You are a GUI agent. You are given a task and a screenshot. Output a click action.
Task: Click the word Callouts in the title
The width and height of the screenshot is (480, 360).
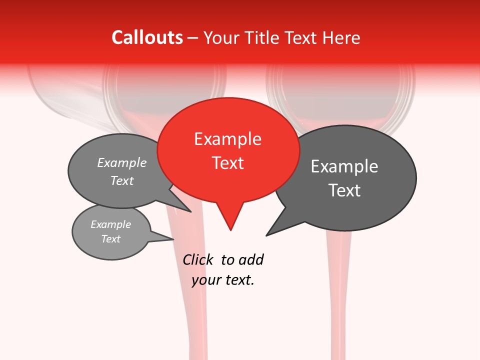pyautogui.click(x=147, y=37)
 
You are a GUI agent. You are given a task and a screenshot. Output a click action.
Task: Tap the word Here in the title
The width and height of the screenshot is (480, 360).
pyautogui.click(x=341, y=37)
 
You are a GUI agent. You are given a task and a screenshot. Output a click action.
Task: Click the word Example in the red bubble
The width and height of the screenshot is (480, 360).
pyautogui.click(x=228, y=139)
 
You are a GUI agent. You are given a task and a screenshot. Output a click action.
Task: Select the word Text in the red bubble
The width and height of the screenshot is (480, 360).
pyautogui.click(x=228, y=163)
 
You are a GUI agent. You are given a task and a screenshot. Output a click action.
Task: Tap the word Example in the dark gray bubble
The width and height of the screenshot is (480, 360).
pyautogui.click(x=344, y=166)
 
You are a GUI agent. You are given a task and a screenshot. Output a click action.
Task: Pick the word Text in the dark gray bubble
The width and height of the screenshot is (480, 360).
pyautogui.click(x=344, y=190)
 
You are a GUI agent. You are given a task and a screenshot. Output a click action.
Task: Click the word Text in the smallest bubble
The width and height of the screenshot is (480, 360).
pyautogui.click(x=111, y=239)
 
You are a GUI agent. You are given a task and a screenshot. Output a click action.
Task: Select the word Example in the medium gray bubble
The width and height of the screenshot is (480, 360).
pyautogui.click(x=122, y=163)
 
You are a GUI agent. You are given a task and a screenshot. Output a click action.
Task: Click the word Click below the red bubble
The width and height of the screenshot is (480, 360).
pyautogui.click(x=197, y=260)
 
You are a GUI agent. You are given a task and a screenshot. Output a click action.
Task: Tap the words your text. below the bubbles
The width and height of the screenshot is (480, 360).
pyautogui.click(x=223, y=280)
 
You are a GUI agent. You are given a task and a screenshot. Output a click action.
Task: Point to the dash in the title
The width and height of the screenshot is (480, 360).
pyautogui.click(x=193, y=38)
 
